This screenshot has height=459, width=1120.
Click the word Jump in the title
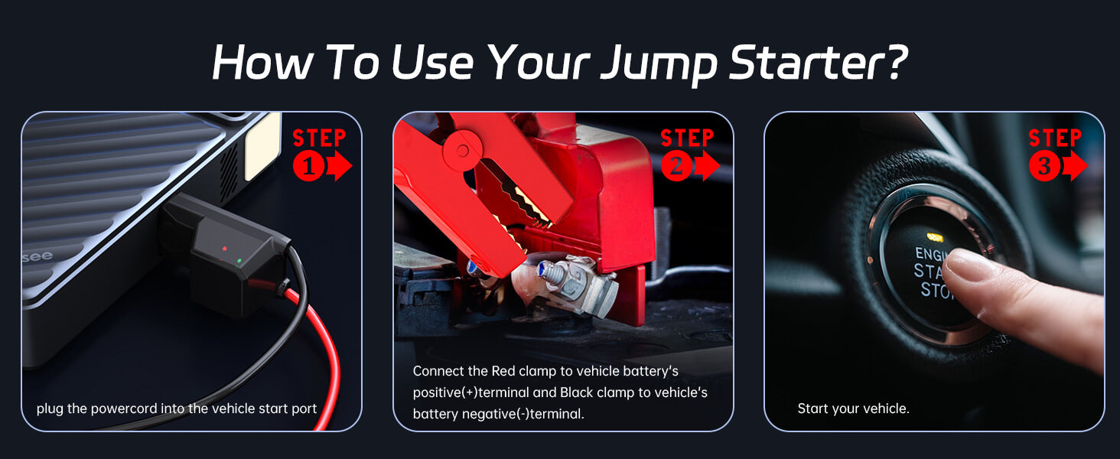[659, 64]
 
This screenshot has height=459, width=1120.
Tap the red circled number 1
[308, 166]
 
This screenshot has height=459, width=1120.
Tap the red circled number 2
[676, 166]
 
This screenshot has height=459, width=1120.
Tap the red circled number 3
[1044, 166]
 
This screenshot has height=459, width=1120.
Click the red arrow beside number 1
[339, 166]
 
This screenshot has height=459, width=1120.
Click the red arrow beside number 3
[1075, 166]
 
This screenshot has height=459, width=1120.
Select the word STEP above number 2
[687, 138]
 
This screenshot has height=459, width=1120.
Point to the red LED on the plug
[224, 249]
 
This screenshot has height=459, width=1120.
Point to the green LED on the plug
[239, 261]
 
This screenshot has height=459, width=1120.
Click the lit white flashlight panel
[262, 146]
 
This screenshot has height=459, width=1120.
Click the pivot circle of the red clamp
[463, 150]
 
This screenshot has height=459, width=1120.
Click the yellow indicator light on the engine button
[934, 237]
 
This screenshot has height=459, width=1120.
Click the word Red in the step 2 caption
[503, 371]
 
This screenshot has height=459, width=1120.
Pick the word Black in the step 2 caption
[578, 392]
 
